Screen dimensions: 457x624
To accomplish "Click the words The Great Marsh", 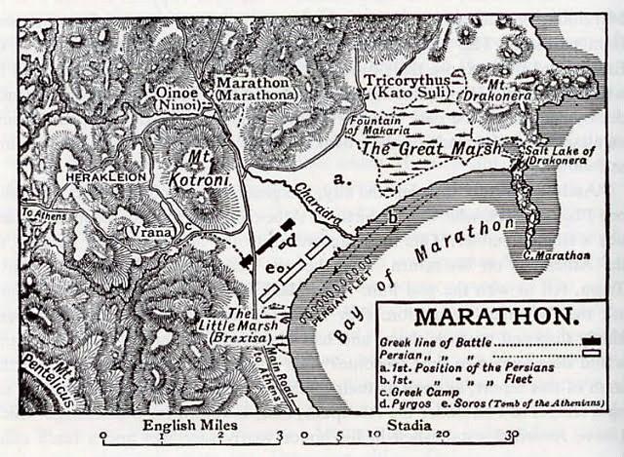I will pyautogui.click(x=429, y=149).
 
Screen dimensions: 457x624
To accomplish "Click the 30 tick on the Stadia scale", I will pyautogui.click(x=512, y=436).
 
